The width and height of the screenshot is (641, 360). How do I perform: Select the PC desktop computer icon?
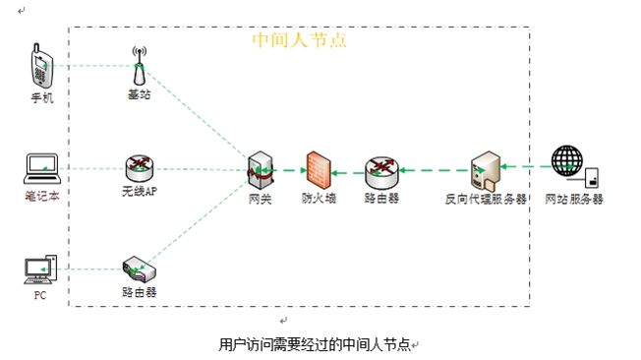(x=39, y=268)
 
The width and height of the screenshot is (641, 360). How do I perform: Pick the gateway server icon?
(x=260, y=171)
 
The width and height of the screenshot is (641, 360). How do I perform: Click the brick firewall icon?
(x=317, y=170)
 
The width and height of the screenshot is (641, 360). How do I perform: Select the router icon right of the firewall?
(x=380, y=171)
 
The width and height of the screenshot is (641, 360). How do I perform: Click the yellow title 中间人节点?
(x=299, y=40)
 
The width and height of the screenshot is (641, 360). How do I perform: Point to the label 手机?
(x=42, y=98)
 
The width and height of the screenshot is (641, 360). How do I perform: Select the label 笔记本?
(x=42, y=197)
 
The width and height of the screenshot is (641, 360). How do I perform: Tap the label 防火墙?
(x=319, y=199)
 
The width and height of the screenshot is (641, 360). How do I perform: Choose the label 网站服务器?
(x=574, y=199)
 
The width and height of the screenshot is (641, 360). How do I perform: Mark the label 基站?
(x=140, y=94)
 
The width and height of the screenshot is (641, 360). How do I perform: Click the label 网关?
(x=260, y=199)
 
